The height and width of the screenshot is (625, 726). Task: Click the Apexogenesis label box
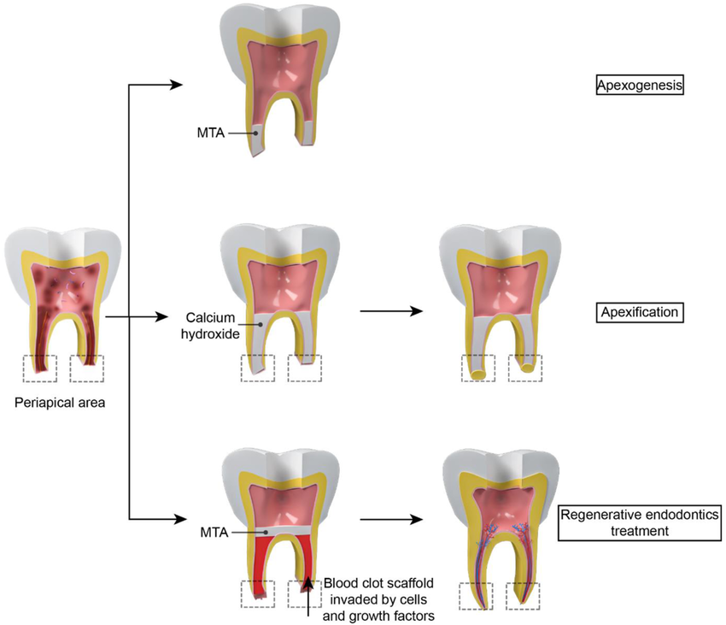pyautogui.click(x=641, y=85)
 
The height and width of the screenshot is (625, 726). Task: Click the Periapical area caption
pyautogui.click(x=60, y=401)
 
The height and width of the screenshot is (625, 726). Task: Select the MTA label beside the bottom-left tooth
pyautogui.click(x=214, y=532)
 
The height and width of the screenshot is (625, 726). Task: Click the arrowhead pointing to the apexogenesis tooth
pyautogui.click(x=177, y=84)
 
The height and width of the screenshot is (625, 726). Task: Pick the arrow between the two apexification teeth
pyautogui.click(x=392, y=311)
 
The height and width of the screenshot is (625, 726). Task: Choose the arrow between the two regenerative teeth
pyautogui.click(x=392, y=518)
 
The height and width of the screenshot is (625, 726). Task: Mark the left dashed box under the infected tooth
pyautogui.click(x=40, y=369)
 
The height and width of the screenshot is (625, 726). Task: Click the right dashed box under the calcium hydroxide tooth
pyautogui.click(x=305, y=368)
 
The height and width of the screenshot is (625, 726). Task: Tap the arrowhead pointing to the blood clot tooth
pyautogui.click(x=177, y=518)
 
